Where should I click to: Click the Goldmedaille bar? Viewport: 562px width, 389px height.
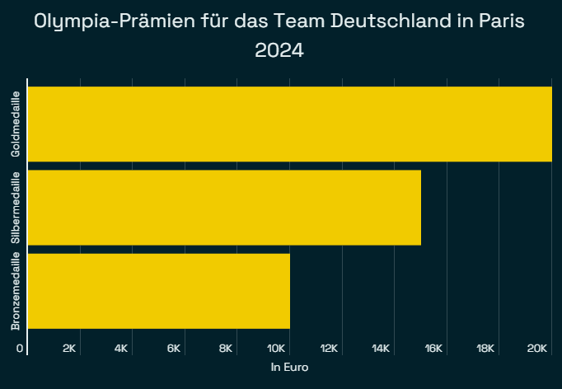290,124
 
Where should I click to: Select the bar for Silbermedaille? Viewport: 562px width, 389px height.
225,208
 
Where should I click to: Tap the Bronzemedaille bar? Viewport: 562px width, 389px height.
159,291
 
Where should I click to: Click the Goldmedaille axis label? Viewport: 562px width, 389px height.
16,124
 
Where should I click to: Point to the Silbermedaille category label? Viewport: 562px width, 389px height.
16,208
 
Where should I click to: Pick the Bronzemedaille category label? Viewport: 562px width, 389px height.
16,291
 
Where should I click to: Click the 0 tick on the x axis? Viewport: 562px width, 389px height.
20,349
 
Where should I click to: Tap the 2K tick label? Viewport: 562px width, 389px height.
69,349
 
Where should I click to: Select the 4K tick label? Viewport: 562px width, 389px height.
121,349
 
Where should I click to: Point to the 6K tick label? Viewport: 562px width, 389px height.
174,349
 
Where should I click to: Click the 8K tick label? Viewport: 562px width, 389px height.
226,349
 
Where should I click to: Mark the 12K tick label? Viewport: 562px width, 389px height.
329,349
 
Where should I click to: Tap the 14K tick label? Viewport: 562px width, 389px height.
381,349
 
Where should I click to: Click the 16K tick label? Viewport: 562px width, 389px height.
433,349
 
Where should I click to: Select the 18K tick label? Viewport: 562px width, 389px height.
485,349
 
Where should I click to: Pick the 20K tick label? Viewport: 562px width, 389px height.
538,349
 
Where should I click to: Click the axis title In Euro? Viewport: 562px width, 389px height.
289,368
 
